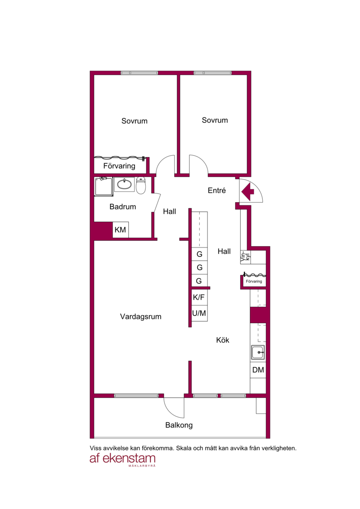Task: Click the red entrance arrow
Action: (247, 192)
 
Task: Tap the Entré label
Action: (216, 190)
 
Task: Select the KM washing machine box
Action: (121, 230)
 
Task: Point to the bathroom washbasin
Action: (124, 184)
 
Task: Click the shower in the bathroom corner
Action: (103, 186)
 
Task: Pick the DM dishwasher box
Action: (258, 370)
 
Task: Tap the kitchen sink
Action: (258, 352)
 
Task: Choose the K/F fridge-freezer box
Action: (199, 297)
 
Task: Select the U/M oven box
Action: (199, 313)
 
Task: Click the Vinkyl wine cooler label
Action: (245, 257)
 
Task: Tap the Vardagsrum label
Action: (140, 316)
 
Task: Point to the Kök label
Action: (223, 340)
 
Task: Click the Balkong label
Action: (179, 425)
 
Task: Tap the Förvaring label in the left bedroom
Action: (119, 166)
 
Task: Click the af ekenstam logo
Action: (123, 459)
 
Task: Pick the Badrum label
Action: (123, 207)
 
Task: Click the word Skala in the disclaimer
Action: (184, 448)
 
